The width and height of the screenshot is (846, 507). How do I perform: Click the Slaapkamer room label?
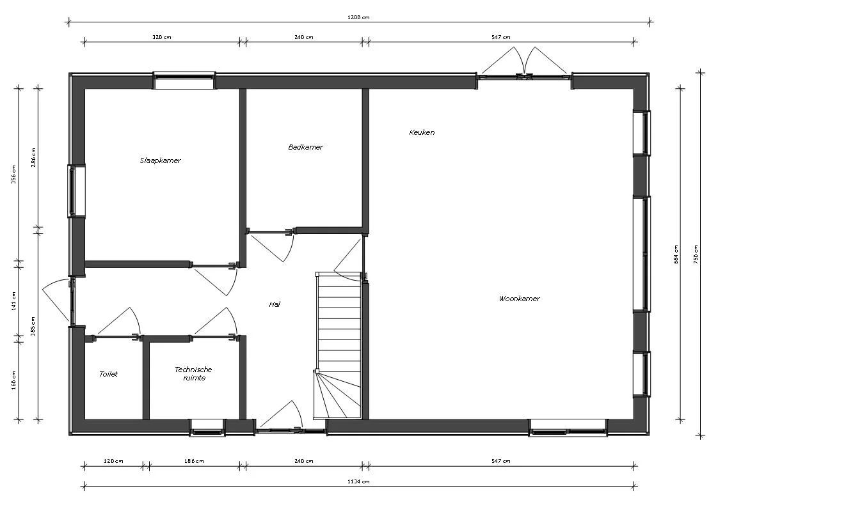[160, 160]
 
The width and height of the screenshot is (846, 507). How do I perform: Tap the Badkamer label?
[305, 147]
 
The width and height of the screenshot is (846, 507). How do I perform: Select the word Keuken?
[422, 132]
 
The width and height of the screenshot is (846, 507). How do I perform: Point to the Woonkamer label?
[519, 299]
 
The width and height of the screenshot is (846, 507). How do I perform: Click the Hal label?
[275, 304]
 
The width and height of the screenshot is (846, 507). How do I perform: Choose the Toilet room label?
[108, 374]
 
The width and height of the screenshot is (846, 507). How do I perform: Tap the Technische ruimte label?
[193, 373]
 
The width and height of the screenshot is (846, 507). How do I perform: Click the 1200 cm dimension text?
[359, 17]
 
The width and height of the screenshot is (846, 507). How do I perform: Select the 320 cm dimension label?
[162, 37]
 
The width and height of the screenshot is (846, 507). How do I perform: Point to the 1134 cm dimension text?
[359, 481]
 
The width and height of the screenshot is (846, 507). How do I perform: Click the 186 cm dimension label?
[194, 461]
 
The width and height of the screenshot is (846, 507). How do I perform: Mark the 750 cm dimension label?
[696, 254]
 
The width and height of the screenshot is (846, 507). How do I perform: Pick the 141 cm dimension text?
[13, 300]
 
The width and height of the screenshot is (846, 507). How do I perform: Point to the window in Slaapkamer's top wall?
[184, 81]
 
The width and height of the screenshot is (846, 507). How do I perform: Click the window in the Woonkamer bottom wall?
[568, 428]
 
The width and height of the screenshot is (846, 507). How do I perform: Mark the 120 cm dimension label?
[113, 461]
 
